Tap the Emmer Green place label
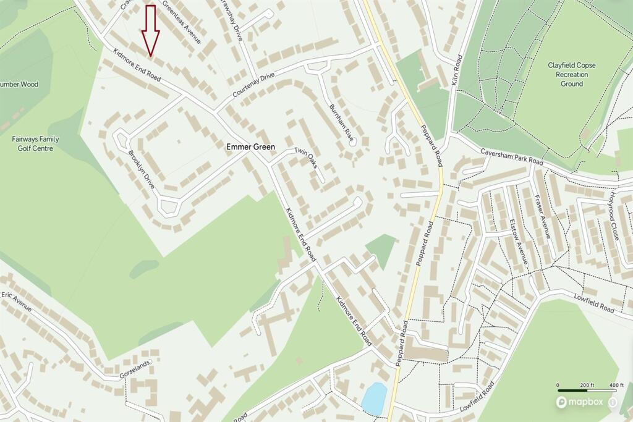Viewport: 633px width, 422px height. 250,148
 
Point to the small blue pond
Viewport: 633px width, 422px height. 374,399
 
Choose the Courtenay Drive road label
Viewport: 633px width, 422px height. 253,85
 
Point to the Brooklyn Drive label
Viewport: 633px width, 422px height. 142,170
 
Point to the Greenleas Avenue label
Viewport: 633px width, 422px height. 181,22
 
